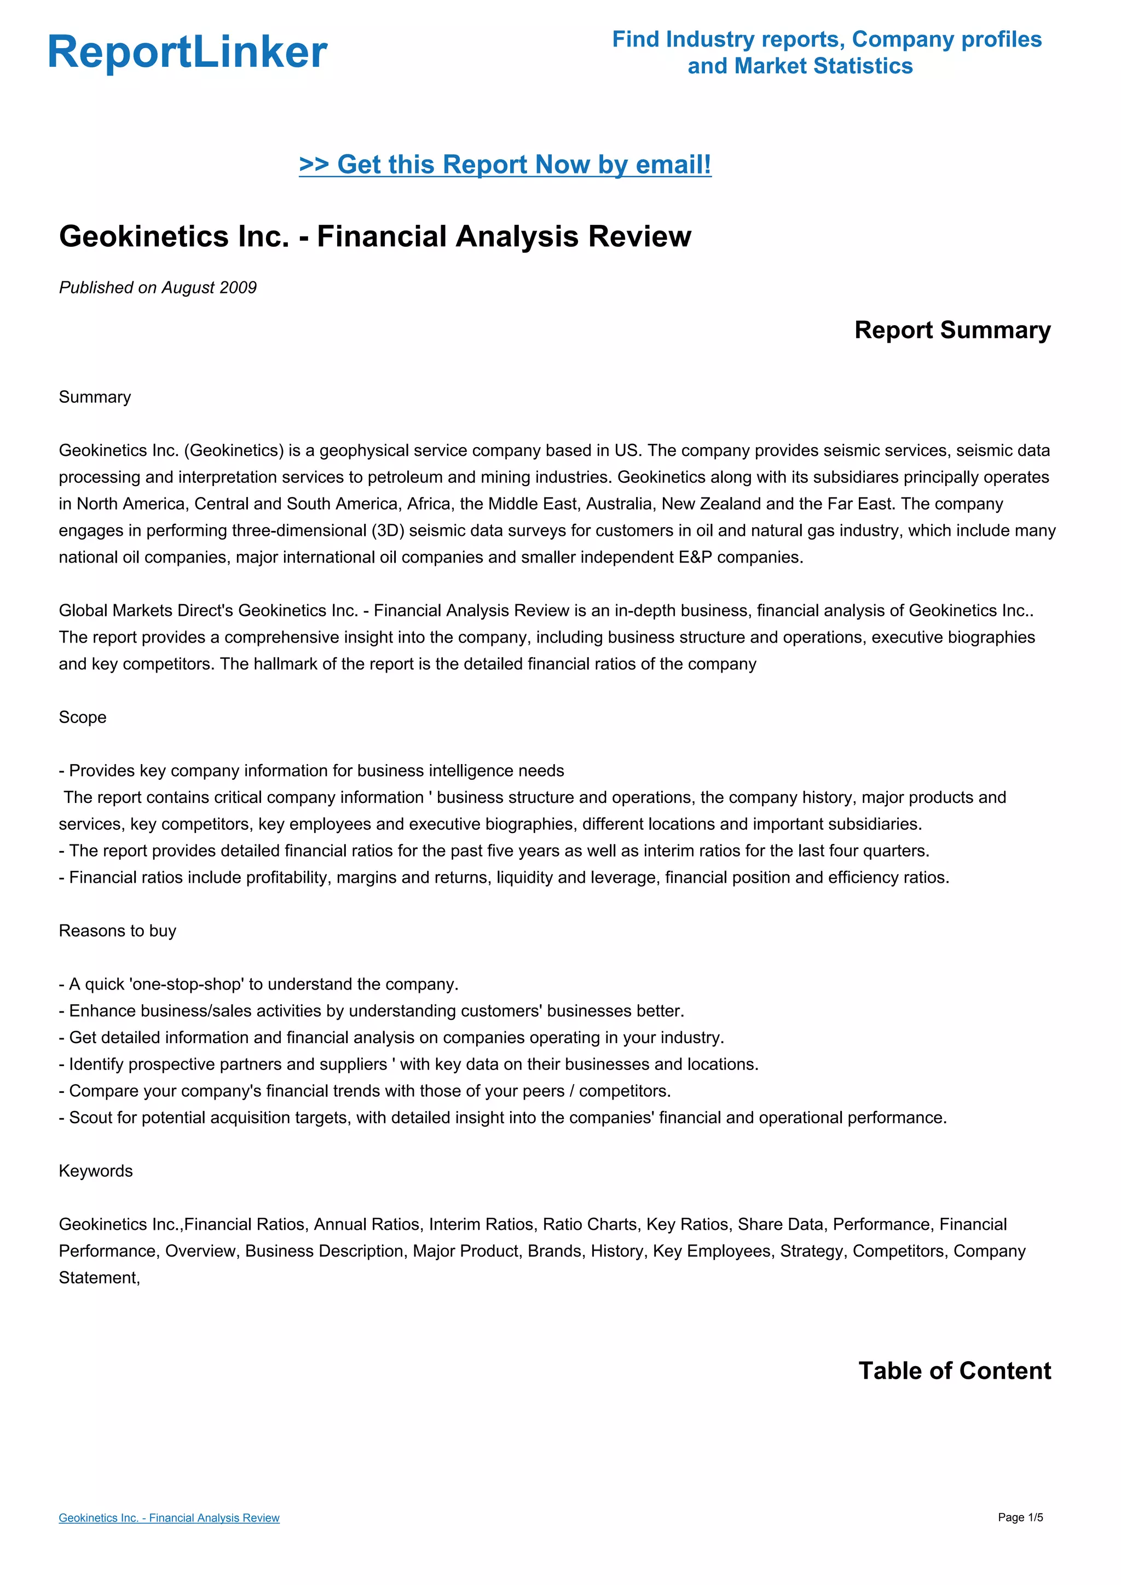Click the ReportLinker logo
187,53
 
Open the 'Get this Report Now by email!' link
505,165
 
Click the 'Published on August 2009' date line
158,288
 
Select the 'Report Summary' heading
952,330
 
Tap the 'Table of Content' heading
954,1370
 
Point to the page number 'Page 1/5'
1020,1517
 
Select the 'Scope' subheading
82,718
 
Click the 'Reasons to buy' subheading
117,930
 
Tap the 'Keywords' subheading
95,1171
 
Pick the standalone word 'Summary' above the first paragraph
95,397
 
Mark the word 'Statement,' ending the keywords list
100,1278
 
